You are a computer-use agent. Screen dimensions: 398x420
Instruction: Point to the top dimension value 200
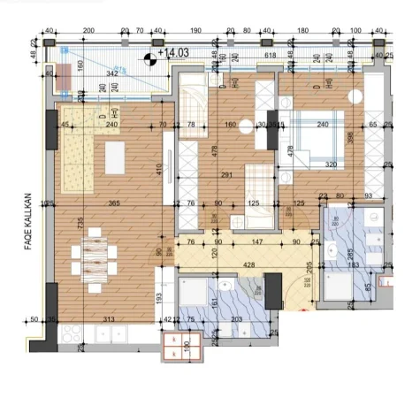pos(88,30)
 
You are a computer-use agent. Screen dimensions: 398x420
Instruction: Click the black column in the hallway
pos(273,286)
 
